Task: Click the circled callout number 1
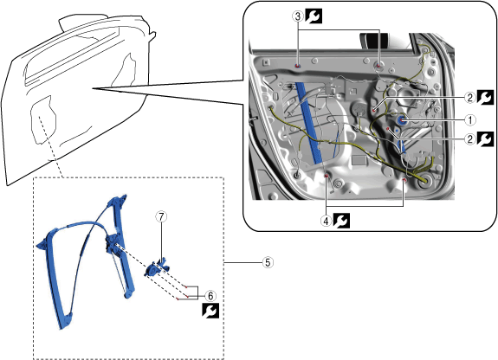point(470,120)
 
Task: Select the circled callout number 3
point(298,16)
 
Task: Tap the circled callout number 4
point(326,221)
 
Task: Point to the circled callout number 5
point(268,262)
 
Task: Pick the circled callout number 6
point(210,296)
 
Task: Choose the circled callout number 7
point(161,217)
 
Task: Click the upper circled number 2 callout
point(470,98)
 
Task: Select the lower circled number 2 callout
point(470,139)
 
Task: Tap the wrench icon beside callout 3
point(314,16)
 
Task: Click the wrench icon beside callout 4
point(341,221)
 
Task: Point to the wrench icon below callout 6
point(210,311)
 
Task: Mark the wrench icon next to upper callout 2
point(485,97)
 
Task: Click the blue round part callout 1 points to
point(403,120)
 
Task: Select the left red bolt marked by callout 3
point(298,66)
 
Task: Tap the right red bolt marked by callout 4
point(404,180)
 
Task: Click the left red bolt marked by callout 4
point(327,176)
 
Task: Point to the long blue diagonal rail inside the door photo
point(309,123)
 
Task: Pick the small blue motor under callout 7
point(155,268)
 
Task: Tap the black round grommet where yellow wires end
point(424,180)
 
